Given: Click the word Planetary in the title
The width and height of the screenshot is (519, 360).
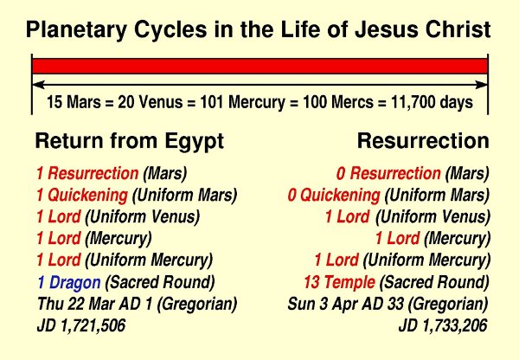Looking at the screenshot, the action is (x=76, y=29).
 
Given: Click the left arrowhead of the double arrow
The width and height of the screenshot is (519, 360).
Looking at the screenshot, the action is (x=38, y=85).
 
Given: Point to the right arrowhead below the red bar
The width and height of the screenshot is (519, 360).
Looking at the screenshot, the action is (x=481, y=85).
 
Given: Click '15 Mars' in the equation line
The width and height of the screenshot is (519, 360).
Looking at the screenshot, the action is (x=74, y=101).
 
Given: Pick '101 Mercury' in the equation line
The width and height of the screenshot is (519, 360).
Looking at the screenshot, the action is (x=242, y=102).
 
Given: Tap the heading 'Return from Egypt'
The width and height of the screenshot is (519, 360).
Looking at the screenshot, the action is (x=130, y=141).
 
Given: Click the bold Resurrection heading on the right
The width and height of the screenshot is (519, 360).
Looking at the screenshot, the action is (x=423, y=141).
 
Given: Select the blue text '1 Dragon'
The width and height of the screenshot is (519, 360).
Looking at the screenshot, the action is (x=69, y=282).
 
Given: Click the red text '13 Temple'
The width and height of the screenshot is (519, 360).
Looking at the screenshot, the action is (x=339, y=282).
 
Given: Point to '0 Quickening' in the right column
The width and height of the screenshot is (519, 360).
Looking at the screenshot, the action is (x=334, y=195).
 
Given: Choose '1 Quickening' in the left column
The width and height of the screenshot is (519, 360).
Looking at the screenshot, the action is (x=82, y=195).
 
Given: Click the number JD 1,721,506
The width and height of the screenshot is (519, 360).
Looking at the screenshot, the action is (x=81, y=325).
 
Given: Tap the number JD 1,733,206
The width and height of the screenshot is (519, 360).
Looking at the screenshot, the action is (x=443, y=325).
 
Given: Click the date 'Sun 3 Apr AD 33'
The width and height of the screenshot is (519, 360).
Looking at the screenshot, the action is (x=345, y=304).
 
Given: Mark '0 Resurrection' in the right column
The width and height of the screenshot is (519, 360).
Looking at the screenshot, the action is (x=388, y=173).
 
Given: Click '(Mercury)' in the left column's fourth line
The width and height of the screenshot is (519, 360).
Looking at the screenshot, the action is (x=119, y=239).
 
